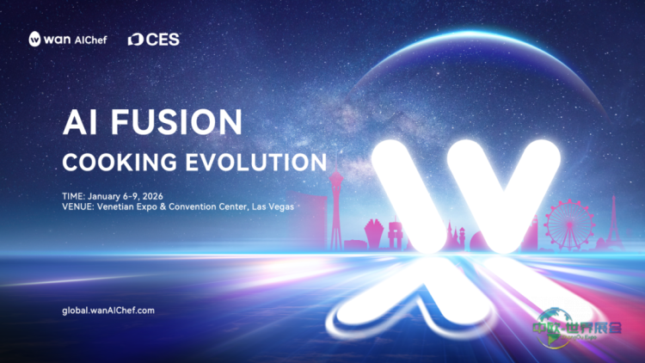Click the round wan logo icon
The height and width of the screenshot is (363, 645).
tap(36, 39)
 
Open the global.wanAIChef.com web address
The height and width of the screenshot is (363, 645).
tap(109, 310)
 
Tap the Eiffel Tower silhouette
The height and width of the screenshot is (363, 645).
tap(615, 220)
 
